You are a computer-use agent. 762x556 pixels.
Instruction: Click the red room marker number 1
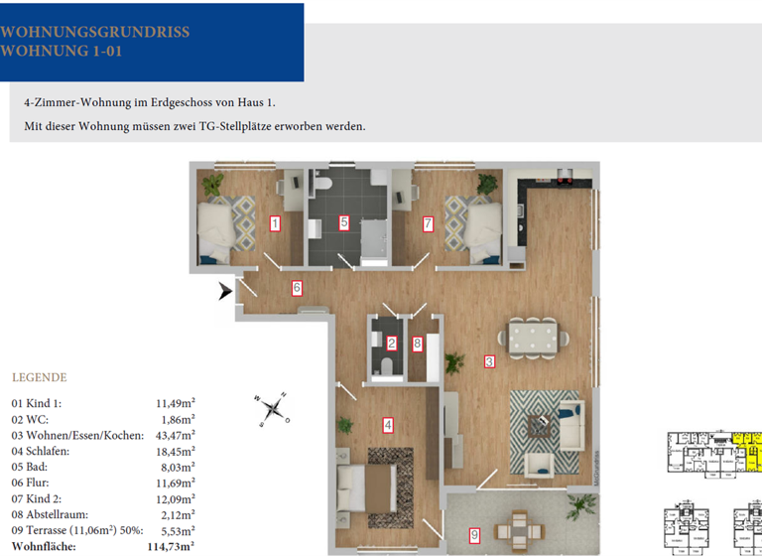(x=275, y=223)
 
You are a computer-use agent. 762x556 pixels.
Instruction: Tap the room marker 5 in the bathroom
(x=344, y=222)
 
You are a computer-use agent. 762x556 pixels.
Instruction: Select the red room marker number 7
(x=428, y=223)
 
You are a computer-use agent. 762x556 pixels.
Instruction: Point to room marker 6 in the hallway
(x=296, y=288)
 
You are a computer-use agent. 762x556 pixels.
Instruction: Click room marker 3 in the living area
(x=489, y=361)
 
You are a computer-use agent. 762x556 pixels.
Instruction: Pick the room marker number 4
(x=389, y=425)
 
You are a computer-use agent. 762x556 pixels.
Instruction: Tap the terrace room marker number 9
(x=474, y=535)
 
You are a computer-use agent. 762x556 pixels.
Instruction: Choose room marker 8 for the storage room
(x=418, y=345)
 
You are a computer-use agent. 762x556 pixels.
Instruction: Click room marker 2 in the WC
(x=392, y=345)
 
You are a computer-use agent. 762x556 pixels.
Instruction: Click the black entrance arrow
(x=226, y=291)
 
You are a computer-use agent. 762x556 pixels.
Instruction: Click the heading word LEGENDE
(x=39, y=377)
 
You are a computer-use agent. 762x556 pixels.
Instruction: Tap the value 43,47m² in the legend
(x=175, y=435)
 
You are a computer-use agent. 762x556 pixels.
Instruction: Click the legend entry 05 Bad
(x=34, y=467)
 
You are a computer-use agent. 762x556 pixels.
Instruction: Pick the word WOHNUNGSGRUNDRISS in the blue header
(x=94, y=32)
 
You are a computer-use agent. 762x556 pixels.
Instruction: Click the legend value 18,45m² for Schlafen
(x=175, y=451)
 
